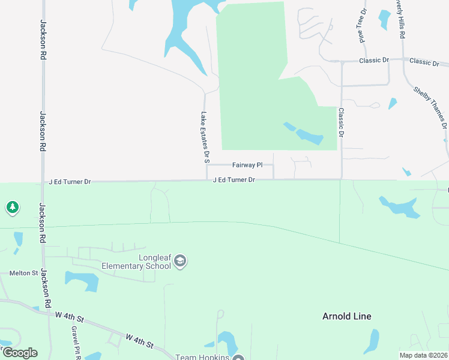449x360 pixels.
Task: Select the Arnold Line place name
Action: click(x=346, y=316)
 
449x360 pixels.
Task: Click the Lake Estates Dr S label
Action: click(x=205, y=137)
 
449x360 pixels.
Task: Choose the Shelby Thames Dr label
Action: click(x=429, y=107)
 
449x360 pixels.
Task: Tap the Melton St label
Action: click(x=23, y=273)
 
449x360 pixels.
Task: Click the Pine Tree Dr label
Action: click(x=361, y=26)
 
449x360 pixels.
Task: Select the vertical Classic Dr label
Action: click(x=340, y=123)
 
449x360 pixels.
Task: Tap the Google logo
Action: click(x=20, y=353)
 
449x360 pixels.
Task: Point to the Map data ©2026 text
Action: click(x=423, y=355)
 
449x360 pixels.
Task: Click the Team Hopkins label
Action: click(x=203, y=357)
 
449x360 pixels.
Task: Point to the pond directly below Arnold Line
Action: click(x=373, y=341)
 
